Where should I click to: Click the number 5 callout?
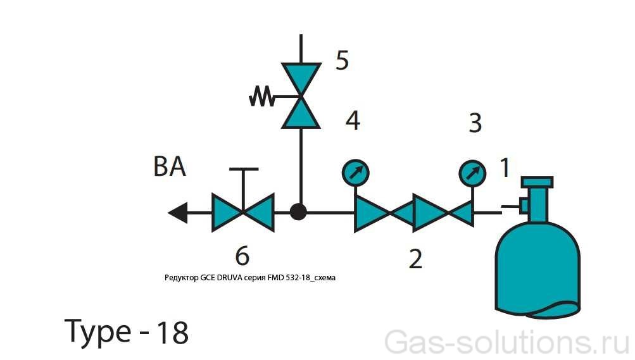click(343, 60)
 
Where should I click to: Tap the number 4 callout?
click(353, 120)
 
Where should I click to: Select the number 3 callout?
click(475, 123)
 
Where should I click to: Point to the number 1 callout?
click(505, 168)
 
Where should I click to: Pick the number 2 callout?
click(415, 259)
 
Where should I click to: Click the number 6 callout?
click(242, 256)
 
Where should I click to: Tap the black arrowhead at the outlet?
click(178, 213)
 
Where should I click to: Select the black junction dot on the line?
click(298, 211)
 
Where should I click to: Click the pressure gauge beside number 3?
click(472, 173)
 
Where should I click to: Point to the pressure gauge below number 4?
click(356, 173)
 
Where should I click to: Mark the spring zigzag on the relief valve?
click(261, 97)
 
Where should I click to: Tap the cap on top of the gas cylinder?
click(538, 182)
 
